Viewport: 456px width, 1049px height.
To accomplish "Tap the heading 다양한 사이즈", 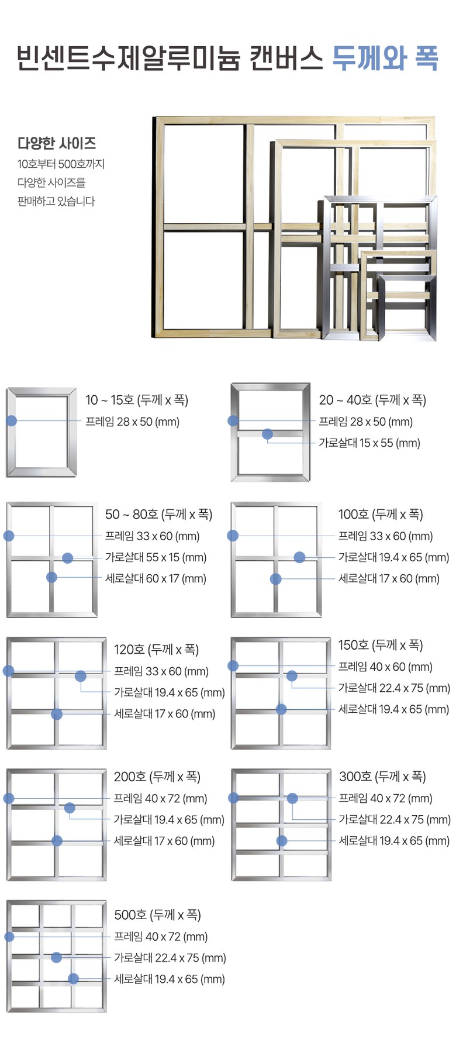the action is (x=57, y=143).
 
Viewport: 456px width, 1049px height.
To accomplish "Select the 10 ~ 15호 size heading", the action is (x=137, y=400).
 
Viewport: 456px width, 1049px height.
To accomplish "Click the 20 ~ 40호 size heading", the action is (x=372, y=400).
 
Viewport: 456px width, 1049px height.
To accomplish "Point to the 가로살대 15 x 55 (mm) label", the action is (x=369, y=443).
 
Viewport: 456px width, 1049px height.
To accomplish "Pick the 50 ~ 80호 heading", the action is (x=158, y=514).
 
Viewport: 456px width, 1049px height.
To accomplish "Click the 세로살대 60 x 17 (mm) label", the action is (x=156, y=578).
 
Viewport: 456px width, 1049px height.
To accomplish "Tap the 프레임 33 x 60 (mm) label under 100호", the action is (x=386, y=536).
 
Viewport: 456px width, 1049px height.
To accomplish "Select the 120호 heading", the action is (x=157, y=650).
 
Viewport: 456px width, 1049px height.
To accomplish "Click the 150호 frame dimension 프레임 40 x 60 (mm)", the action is (x=385, y=667).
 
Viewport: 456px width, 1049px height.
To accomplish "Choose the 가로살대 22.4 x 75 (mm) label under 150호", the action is (x=395, y=688).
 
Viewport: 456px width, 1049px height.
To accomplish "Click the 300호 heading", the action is (x=382, y=777).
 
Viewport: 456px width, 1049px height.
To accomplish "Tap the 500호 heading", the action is (x=157, y=915).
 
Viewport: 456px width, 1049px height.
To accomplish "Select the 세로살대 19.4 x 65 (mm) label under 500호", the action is (x=170, y=979).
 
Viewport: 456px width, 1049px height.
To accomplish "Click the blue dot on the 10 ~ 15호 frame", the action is (x=11, y=420).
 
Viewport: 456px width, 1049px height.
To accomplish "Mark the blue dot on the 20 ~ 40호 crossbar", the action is (x=267, y=434).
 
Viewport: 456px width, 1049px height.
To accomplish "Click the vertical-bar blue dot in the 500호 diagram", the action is (x=73, y=978).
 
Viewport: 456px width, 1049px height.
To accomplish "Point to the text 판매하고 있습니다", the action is (x=56, y=201).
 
